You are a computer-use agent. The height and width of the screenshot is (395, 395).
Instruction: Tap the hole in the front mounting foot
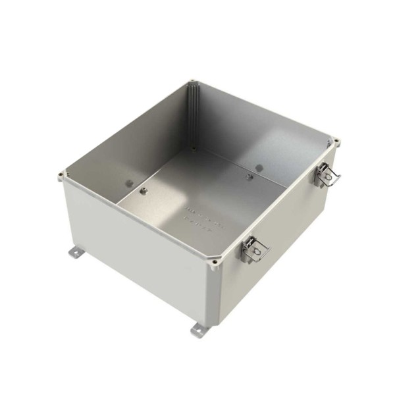(x=197, y=331)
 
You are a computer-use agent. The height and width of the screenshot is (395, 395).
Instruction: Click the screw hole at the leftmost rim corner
(x=61, y=175)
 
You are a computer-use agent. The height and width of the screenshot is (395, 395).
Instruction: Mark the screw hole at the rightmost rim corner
(x=336, y=141)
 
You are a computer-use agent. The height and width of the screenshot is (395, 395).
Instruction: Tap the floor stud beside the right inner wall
(x=249, y=176)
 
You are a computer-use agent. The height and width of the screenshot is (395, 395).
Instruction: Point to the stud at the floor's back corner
(x=193, y=149)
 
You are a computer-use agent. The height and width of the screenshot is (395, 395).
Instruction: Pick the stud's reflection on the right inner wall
(x=259, y=167)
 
